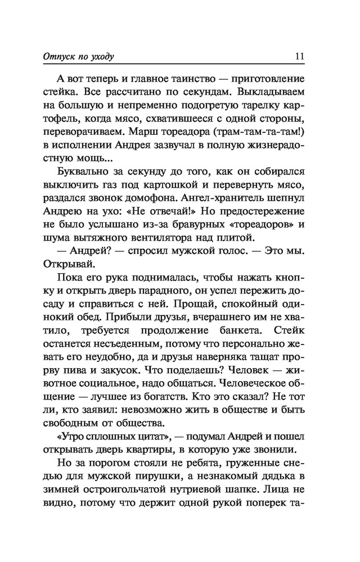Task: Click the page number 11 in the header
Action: pyautogui.click(x=299, y=57)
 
